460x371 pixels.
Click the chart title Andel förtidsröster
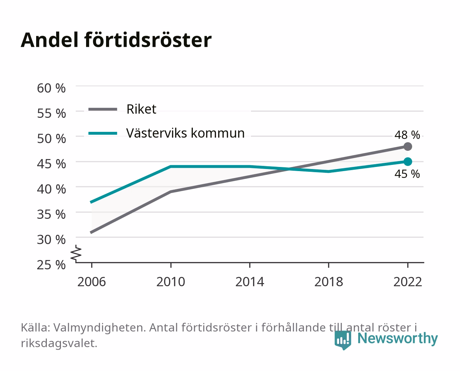click(x=116, y=40)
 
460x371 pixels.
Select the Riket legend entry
click(x=122, y=109)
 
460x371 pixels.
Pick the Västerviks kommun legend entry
click(x=167, y=133)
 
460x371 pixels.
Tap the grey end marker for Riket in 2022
click(x=408, y=146)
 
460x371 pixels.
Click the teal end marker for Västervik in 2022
click(x=408, y=161)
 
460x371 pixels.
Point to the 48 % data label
click(x=407, y=135)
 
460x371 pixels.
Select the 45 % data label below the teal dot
click(x=407, y=174)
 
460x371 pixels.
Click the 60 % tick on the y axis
click(x=51, y=88)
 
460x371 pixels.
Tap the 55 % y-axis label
click(x=51, y=114)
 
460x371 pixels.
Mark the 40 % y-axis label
click(x=51, y=189)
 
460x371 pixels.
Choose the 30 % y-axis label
click(x=51, y=240)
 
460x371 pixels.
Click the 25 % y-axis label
click(x=51, y=265)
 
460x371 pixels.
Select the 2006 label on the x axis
click(x=92, y=282)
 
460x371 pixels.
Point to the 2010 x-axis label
click(x=171, y=282)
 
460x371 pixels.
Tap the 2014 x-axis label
click(x=250, y=282)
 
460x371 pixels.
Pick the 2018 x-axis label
click(x=328, y=282)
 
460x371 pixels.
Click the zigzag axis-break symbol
click(x=76, y=254)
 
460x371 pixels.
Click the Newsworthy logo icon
click(x=343, y=340)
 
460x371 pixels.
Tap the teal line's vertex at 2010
click(x=171, y=167)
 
